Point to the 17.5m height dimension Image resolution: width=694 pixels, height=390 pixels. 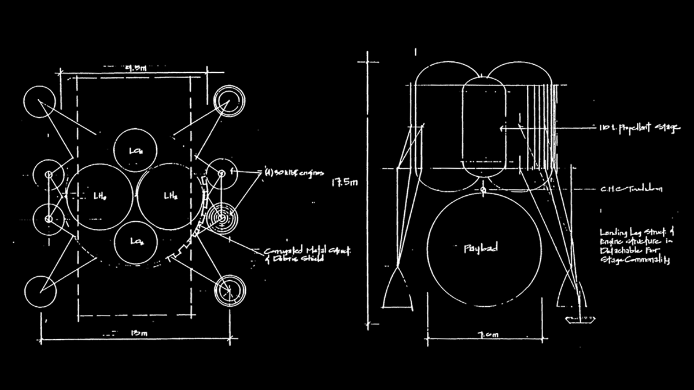pos(342,183)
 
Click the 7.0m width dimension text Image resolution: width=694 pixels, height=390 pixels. pos(483,333)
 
